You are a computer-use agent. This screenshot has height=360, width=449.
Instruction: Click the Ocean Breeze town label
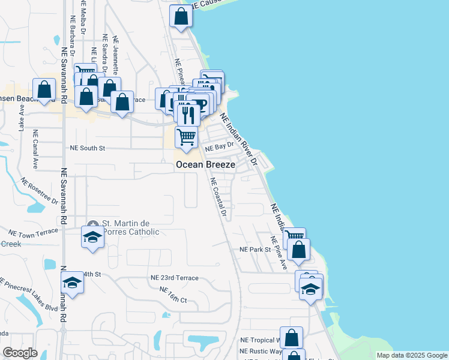205,163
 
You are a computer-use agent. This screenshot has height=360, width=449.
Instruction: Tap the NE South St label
88,148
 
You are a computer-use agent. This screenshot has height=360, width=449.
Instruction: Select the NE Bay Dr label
218,146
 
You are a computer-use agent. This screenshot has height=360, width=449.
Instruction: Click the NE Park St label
256,249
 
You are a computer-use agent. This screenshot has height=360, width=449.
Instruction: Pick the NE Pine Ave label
278,253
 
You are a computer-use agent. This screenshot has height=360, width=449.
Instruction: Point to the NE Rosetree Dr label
39,191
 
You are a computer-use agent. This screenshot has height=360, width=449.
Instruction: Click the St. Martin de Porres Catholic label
128,228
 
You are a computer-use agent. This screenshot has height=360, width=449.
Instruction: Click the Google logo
20,353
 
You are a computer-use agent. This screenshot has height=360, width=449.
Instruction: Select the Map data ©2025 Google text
412,355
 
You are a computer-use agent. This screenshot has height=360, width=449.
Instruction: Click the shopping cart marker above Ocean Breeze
186,137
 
